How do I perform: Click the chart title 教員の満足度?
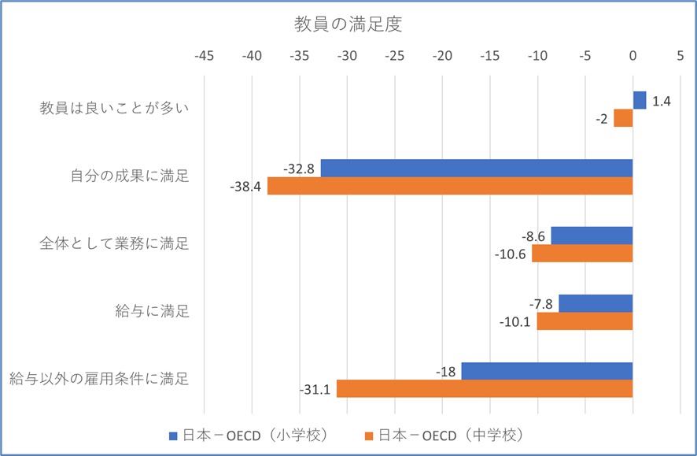348,24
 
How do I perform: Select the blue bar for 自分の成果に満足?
477,168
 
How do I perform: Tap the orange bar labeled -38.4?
450,186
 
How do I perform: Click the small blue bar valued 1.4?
640,100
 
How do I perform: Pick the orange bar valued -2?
623,118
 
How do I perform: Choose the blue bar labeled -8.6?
592,235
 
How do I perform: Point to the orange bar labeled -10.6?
582,254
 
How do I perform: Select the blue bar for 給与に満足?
596,303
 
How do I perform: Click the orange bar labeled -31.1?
485,389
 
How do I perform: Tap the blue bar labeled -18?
547,371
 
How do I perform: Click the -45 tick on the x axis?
204,57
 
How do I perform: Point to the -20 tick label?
442,57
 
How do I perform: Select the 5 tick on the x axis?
680,57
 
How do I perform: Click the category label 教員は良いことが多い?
115,109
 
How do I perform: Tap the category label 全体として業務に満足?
115,244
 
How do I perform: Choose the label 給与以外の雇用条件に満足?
99,380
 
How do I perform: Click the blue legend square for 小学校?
175,435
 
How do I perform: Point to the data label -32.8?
300,168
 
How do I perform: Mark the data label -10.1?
515,321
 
